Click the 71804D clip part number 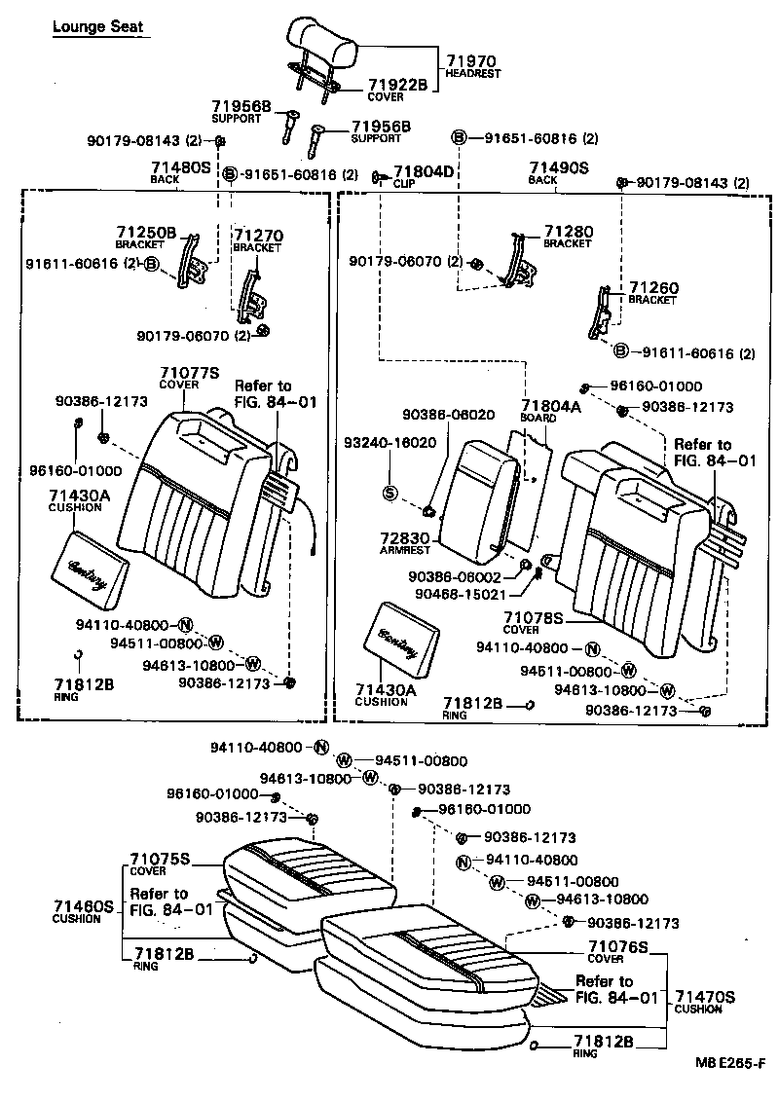(424, 171)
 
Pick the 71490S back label (559, 167)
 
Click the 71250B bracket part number (146, 233)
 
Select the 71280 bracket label (568, 231)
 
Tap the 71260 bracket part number (652, 288)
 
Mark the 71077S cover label (190, 372)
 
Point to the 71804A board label (550, 406)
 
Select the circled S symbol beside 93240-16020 (389, 492)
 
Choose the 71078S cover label (534, 617)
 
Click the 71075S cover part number (160, 860)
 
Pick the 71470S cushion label (705, 997)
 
